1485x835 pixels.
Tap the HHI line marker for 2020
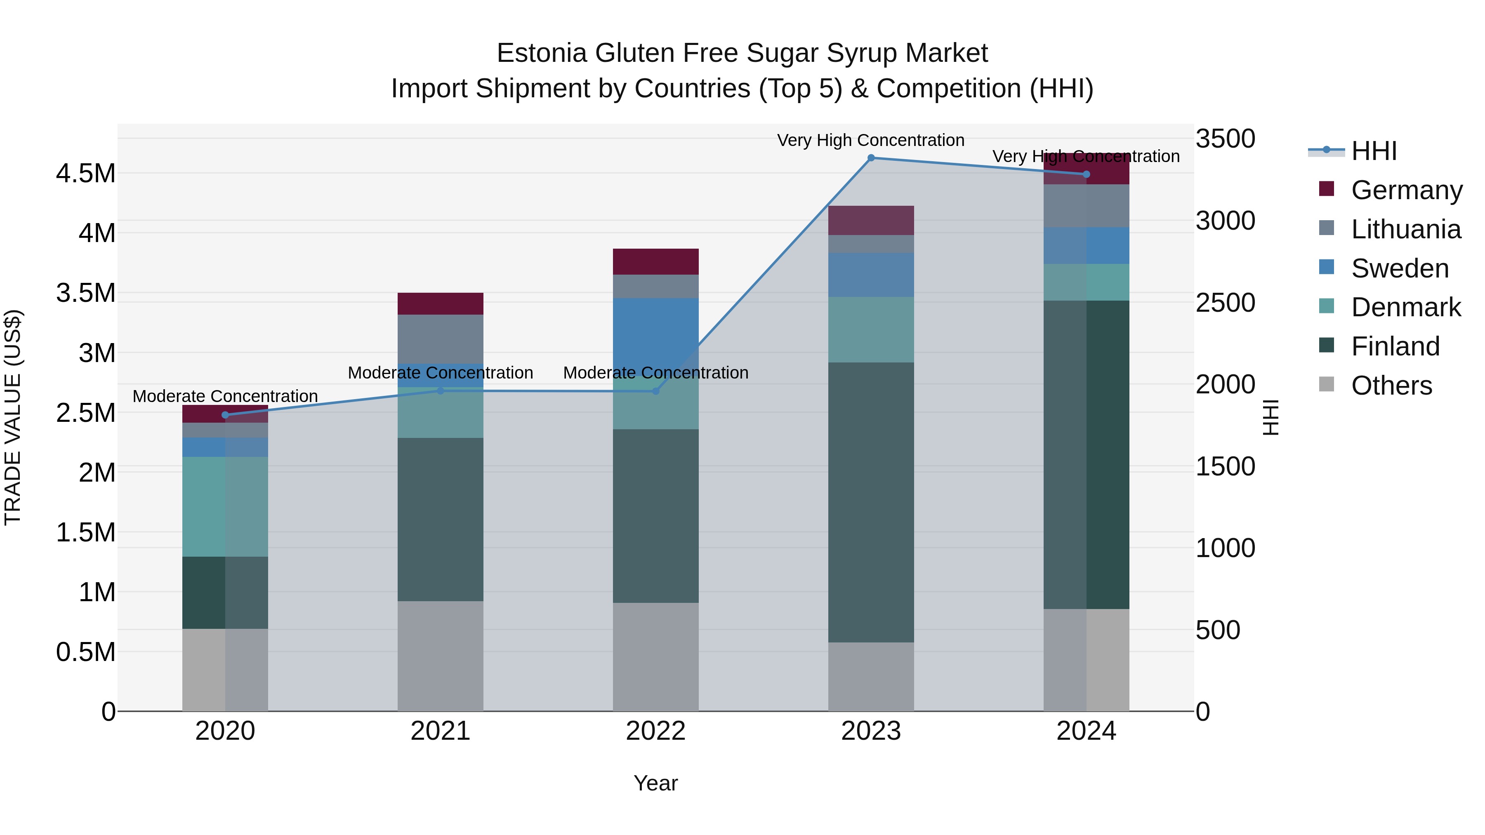225,415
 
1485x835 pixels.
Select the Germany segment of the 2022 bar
655,261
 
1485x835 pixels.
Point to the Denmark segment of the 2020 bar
225,506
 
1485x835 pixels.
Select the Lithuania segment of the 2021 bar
441,339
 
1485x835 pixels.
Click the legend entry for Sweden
1399,268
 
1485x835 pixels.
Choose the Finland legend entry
1395,346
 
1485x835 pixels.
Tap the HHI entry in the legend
1373,151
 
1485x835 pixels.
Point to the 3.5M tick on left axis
85,293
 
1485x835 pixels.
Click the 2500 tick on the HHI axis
1225,303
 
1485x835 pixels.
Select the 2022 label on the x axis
655,731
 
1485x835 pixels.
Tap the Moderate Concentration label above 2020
225,396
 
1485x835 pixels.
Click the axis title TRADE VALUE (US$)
13,417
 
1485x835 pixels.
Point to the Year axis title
655,783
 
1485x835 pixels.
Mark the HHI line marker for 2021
441,391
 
